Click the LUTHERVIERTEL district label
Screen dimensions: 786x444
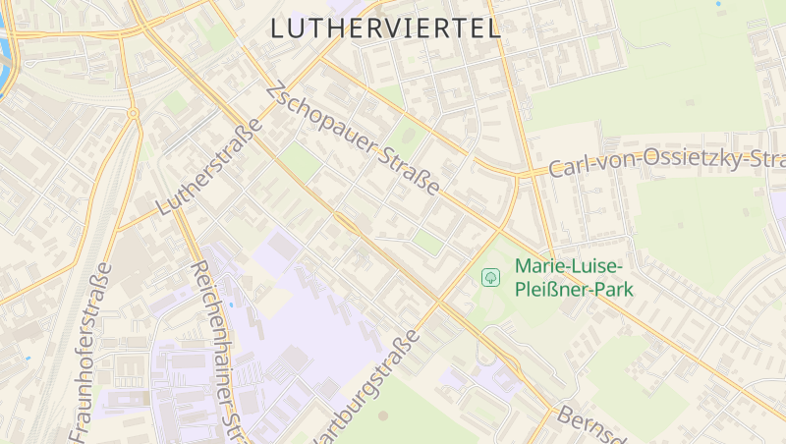tap(385, 28)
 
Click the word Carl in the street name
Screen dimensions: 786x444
tap(568, 168)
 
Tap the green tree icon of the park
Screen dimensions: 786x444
tap(490, 277)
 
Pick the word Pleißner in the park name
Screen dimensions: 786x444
tap(553, 289)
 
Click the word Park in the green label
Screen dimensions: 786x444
tap(614, 289)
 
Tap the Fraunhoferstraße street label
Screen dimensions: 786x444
tap(91, 354)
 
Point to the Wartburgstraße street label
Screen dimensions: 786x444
tap(364, 391)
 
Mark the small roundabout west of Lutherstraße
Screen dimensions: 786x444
tap(132, 114)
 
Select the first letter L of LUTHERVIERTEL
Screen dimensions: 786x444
tap(278, 28)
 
